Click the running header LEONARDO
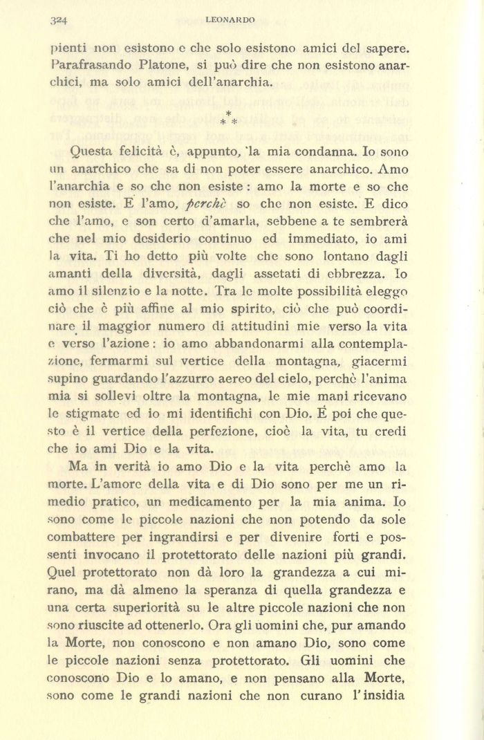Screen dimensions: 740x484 click(x=231, y=21)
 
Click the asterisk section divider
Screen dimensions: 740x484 click(x=228, y=118)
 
